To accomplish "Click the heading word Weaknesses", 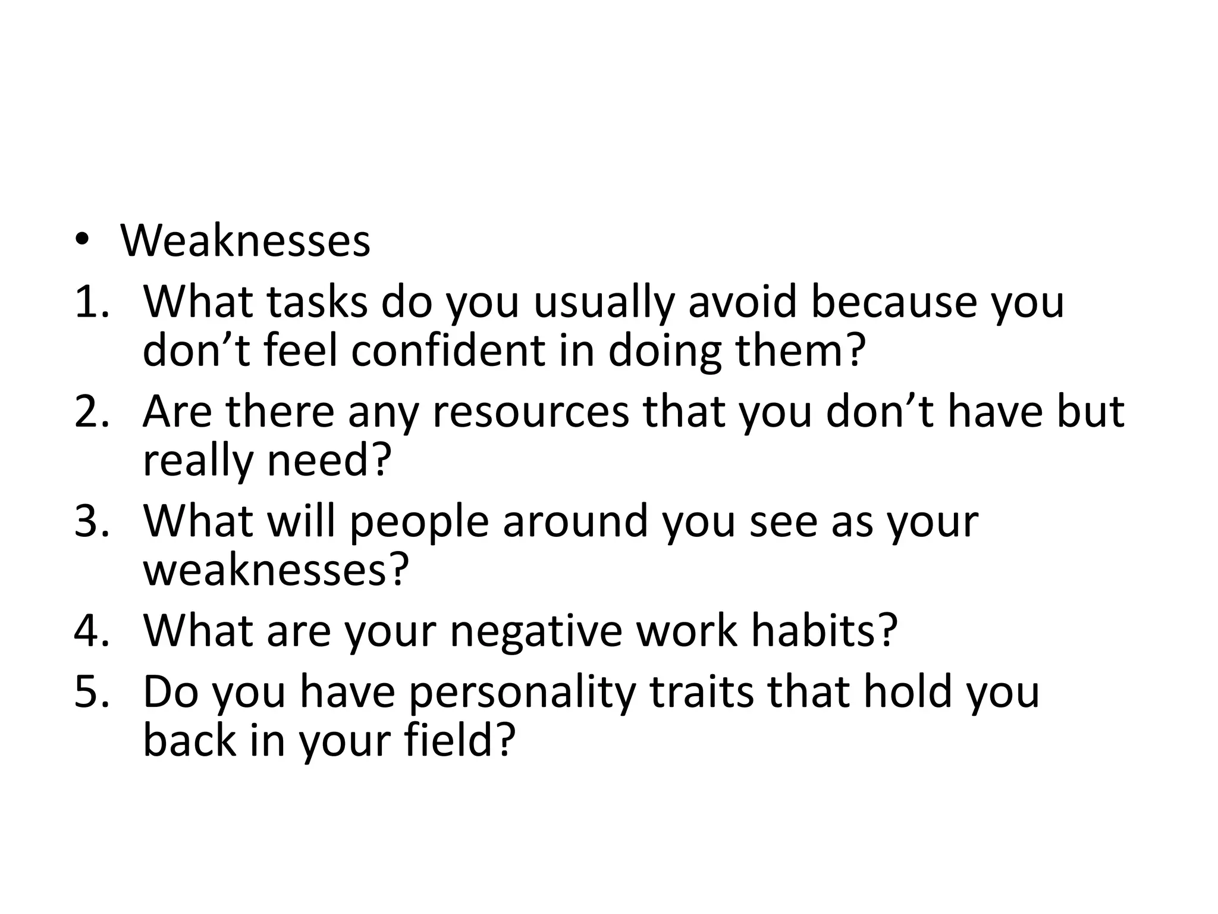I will coord(245,240).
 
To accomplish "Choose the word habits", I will coord(824,630).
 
